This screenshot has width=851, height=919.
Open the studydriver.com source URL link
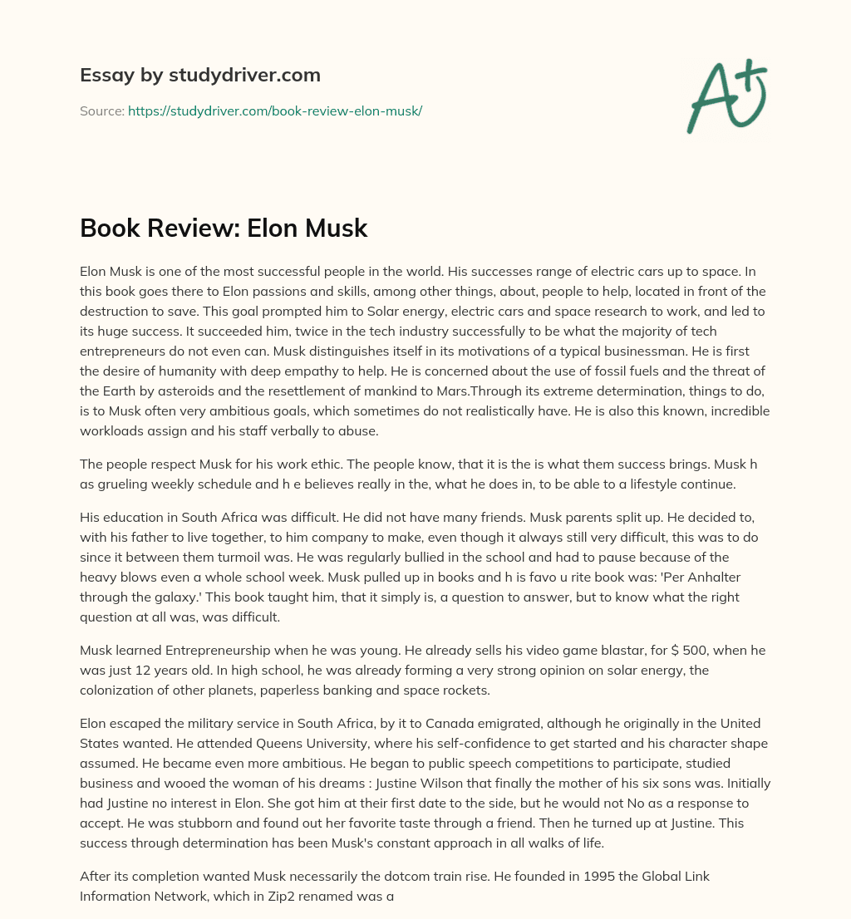point(275,111)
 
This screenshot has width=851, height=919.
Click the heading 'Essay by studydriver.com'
point(200,76)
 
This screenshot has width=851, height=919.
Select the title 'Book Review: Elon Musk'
point(224,229)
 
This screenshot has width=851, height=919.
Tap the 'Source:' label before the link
point(102,111)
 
